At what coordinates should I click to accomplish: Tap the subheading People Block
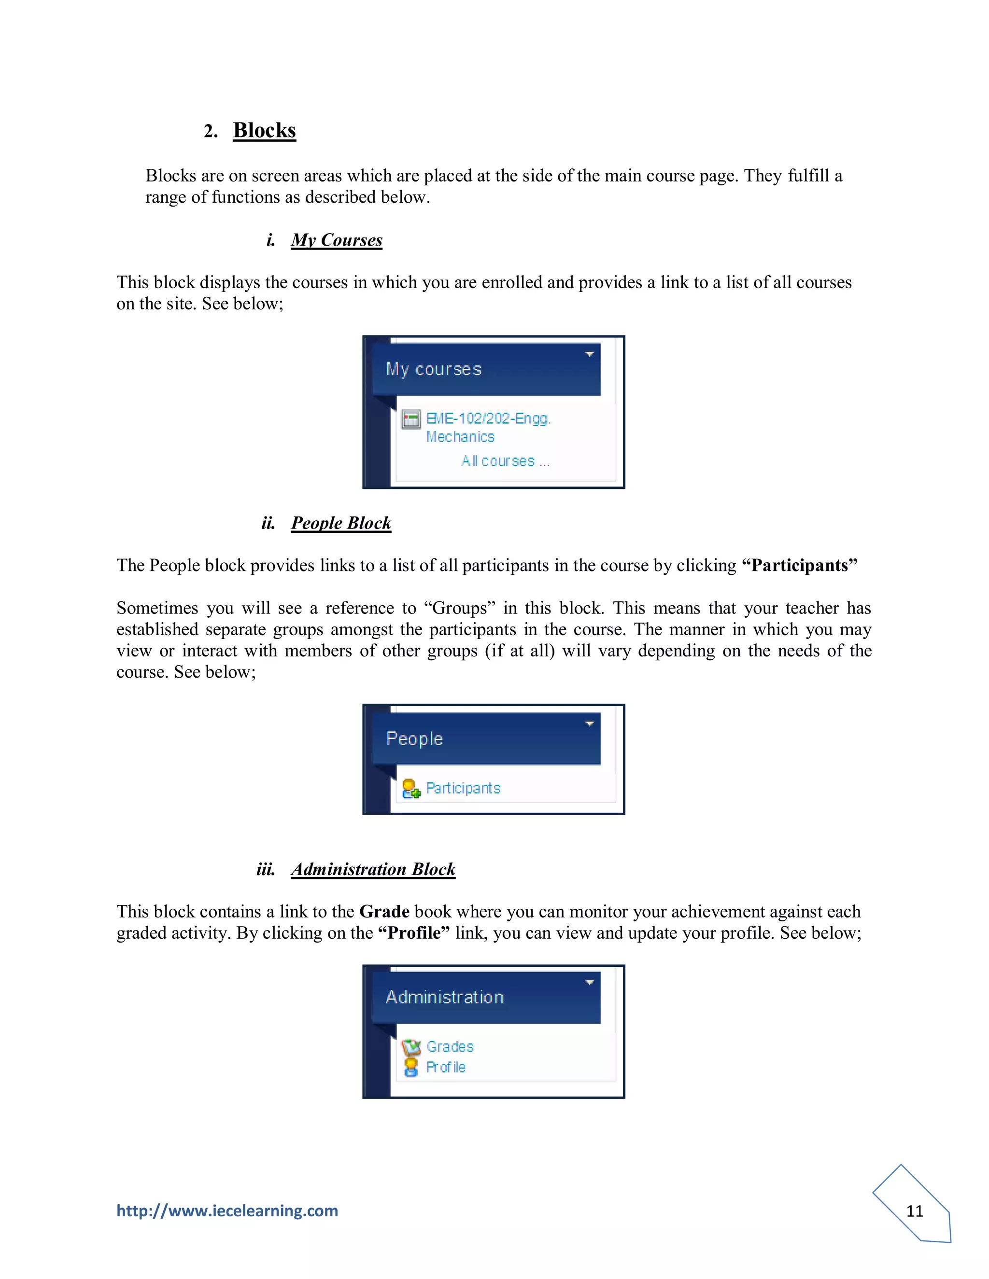click(x=341, y=523)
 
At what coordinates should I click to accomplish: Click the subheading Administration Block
click(x=373, y=869)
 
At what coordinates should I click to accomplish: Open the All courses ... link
click(x=505, y=461)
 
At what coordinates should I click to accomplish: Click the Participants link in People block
click(x=463, y=788)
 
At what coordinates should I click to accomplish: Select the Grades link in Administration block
click(x=450, y=1046)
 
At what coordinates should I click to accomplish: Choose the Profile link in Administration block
click(x=446, y=1067)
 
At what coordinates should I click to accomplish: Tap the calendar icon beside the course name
click(x=411, y=419)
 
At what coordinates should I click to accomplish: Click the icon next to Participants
click(x=411, y=789)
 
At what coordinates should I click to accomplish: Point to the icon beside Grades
click(x=411, y=1046)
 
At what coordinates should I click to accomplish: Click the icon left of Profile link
click(x=411, y=1067)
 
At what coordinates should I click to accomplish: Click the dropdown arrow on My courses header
click(x=590, y=354)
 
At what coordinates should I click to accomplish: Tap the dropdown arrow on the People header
click(x=590, y=724)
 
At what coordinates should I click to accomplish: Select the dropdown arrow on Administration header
click(x=590, y=983)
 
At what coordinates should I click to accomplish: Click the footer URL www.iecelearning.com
click(x=227, y=1210)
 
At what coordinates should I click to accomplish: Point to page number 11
click(x=915, y=1211)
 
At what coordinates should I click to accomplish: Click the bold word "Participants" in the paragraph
click(x=799, y=566)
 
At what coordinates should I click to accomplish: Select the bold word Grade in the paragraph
click(x=384, y=912)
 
